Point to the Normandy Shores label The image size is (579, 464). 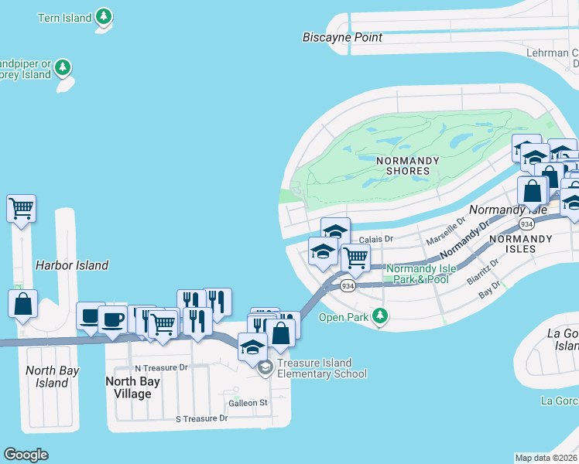pyautogui.click(x=407, y=165)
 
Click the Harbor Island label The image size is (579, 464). pyautogui.click(x=72, y=265)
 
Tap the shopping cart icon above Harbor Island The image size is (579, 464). pyautogui.click(x=22, y=208)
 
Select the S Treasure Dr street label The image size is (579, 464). pyautogui.click(x=201, y=418)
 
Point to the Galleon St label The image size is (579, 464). pyautogui.click(x=248, y=403)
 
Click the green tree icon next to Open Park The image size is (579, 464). pyautogui.click(x=379, y=316)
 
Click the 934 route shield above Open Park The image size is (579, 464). pyautogui.click(x=348, y=286)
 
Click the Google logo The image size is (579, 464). pyautogui.click(x=26, y=455)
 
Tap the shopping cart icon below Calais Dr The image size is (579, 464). pyautogui.click(x=355, y=258)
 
